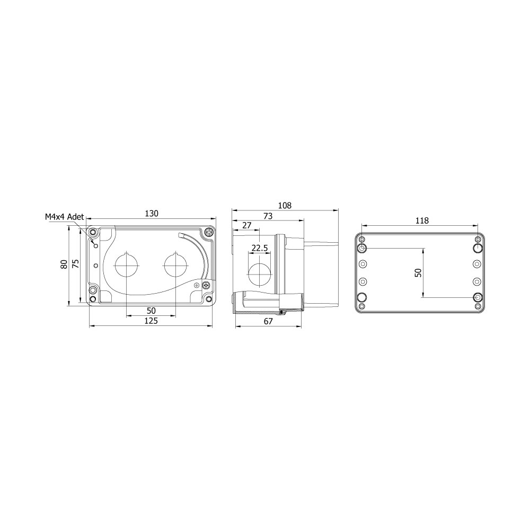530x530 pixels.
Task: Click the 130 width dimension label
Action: tap(152, 214)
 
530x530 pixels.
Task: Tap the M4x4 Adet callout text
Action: tap(64, 217)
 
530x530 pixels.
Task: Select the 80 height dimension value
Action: tap(64, 264)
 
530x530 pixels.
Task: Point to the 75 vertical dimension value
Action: tap(76, 263)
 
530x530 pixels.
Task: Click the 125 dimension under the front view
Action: tap(151, 321)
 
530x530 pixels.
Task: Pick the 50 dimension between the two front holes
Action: tap(151, 311)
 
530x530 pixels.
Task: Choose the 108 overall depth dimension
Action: tap(285, 206)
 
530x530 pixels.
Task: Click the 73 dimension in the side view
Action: tap(268, 216)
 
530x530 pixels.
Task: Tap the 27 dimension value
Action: tap(247, 225)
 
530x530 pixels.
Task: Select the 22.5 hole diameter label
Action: tap(260, 249)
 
